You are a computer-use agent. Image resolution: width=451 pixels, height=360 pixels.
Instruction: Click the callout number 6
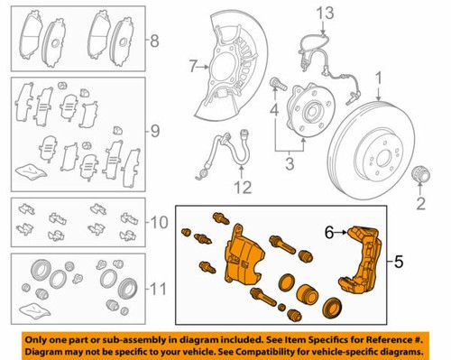pos(330,232)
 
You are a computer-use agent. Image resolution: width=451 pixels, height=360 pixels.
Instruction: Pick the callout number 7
pos(192,64)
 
